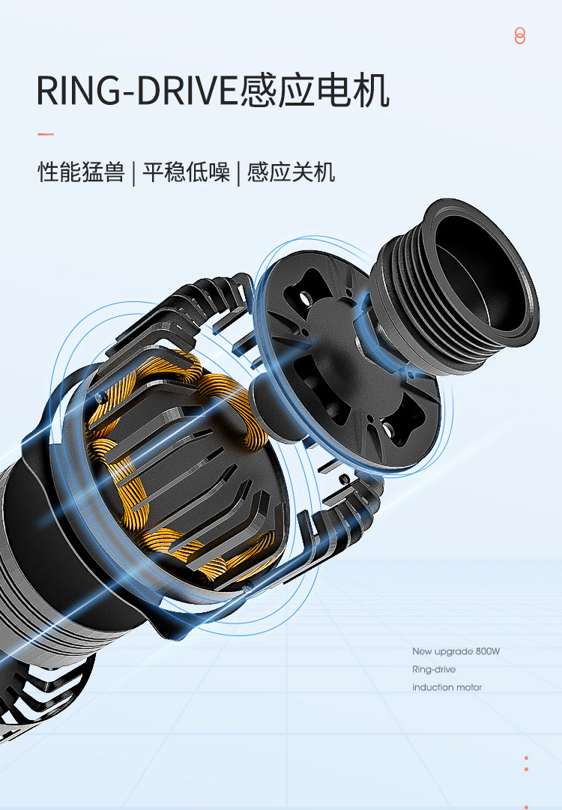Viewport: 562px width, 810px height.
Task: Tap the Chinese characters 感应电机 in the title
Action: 315,91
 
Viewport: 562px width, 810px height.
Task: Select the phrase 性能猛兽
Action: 81,172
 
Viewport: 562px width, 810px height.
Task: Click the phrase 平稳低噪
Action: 186,172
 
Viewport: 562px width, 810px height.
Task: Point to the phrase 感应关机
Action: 291,172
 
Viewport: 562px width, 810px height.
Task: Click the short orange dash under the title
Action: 46,134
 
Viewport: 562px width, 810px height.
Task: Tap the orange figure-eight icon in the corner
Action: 519,36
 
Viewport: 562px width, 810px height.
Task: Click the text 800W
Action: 488,651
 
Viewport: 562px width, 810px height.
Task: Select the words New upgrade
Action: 443,652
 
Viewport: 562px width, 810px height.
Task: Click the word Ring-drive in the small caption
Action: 434,669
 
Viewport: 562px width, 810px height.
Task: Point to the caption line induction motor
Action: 447,688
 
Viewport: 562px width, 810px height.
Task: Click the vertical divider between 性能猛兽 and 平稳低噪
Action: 134,173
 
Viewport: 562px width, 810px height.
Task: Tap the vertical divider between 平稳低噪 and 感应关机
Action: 238,173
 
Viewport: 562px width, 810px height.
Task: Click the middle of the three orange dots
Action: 526,770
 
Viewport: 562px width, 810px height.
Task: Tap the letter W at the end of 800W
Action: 495,651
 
